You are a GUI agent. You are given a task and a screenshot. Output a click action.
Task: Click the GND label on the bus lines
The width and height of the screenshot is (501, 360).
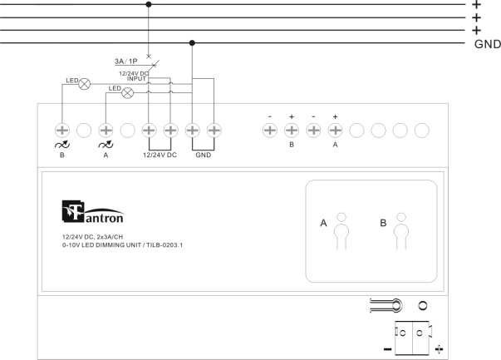tap(487, 44)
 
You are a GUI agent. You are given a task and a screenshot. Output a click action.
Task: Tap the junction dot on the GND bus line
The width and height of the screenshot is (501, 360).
tap(192, 43)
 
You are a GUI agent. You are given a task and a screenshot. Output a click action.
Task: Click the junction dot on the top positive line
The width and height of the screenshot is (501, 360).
tap(149, 4)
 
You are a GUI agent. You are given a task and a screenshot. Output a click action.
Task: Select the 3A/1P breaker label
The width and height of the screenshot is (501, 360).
tap(126, 61)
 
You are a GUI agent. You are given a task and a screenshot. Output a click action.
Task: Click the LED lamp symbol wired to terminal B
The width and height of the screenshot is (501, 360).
tap(85, 84)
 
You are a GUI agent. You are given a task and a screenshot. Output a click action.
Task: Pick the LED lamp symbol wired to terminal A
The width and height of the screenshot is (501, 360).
tap(127, 93)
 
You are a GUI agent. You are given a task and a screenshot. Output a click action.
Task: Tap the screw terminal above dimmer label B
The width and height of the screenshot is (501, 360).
tap(62, 131)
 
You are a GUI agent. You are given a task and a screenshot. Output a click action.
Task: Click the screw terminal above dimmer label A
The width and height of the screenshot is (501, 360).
tap(106, 131)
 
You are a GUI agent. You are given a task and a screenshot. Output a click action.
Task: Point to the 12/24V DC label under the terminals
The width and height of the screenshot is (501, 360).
tap(160, 155)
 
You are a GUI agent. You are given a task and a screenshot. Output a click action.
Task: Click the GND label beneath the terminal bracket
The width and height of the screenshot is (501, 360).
tap(204, 155)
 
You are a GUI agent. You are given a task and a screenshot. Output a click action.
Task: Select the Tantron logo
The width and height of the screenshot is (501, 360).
tap(93, 212)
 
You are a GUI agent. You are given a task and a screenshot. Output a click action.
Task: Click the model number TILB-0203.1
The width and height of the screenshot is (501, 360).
tap(165, 245)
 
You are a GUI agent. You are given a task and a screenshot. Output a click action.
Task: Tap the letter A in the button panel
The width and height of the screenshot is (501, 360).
tap(323, 223)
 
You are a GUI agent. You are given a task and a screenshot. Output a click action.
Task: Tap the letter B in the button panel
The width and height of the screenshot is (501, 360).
tap(383, 223)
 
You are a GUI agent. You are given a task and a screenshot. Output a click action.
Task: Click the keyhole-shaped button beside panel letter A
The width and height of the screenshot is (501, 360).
tap(341, 232)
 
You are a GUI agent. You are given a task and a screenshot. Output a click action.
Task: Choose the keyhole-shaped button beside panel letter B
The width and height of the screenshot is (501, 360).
tap(401, 232)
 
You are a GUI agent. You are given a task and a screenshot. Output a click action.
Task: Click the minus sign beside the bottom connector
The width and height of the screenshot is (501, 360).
tap(387, 349)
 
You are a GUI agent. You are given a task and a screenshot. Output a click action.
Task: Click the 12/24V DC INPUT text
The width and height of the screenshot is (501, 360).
tap(134, 76)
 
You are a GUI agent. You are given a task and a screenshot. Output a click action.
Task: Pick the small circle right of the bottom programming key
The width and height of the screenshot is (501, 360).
tap(423, 306)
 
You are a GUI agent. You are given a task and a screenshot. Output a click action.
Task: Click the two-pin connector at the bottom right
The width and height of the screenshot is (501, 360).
tap(413, 338)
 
